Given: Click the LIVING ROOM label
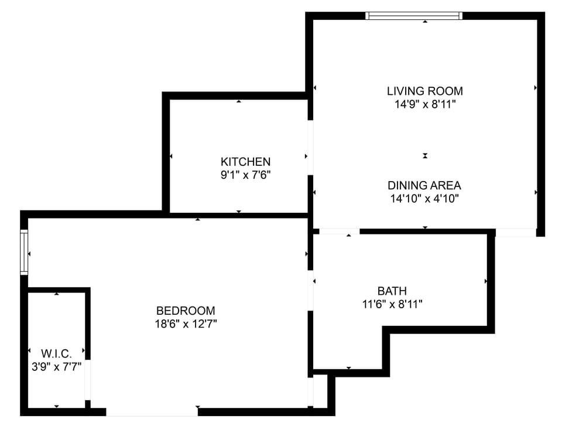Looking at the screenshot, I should tap(424, 91).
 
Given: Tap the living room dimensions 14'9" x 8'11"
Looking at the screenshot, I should tap(424, 105).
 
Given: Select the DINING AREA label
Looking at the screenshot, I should tap(424, 185).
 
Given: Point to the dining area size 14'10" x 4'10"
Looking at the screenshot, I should tap(424, 199).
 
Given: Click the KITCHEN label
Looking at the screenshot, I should tap(245, 161).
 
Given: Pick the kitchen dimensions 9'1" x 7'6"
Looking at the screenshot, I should tap(245, 174).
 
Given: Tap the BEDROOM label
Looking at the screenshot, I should tap(186, 311).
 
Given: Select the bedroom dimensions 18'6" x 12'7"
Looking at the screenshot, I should tap(186, 324).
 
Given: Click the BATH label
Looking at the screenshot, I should tap(392, 291).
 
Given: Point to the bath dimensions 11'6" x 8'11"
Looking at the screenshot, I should tap(392, 304).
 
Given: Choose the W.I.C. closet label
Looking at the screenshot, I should tap(56, 353).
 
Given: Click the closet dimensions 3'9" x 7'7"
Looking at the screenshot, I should tap(56, 367).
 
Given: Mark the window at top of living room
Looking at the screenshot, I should tap(414, 16).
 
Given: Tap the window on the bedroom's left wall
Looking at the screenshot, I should tap(24, 253).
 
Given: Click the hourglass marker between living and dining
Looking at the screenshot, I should tap(426, 155).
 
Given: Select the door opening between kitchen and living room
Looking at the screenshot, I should tap(310, 148).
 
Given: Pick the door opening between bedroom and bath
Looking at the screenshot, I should tap(311, 291).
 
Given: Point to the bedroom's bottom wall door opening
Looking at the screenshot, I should tap(152, 412).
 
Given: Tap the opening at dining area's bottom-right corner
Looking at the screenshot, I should tap(515, 233).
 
